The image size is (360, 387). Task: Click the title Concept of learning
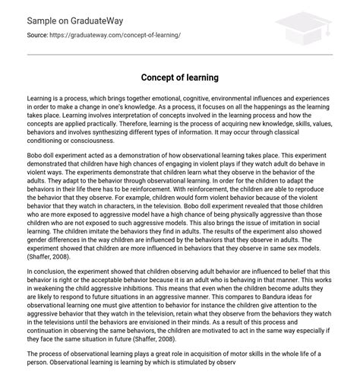coord(179,78)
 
